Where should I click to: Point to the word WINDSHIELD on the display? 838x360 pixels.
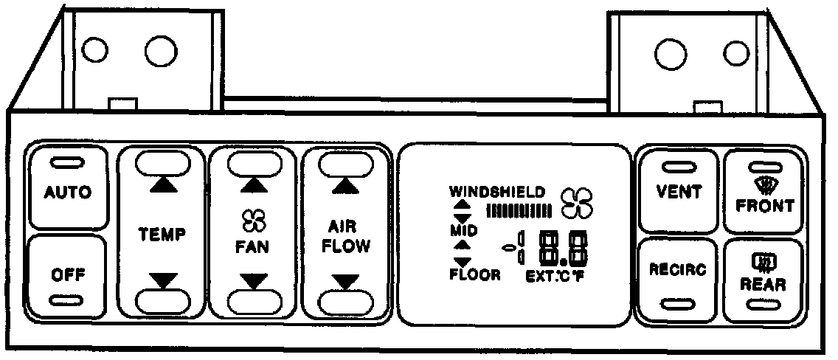497,191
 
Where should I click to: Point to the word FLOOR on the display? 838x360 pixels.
475,276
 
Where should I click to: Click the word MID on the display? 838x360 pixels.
463,231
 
